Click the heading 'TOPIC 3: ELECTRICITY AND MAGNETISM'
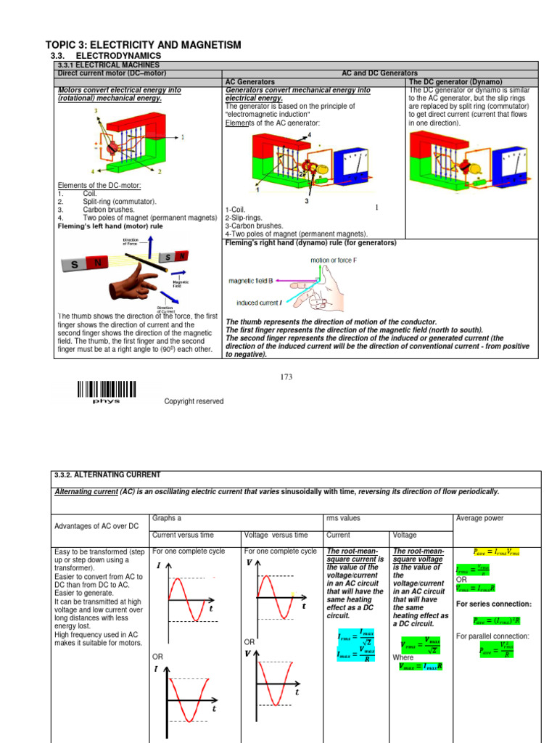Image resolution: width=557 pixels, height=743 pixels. [x=143, y=45]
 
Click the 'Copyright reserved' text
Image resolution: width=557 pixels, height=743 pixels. [x=194, y=401]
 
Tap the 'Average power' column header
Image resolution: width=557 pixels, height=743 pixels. [x=478, y=518]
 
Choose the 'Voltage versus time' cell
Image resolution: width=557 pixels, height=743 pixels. [x=276, y=535]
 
